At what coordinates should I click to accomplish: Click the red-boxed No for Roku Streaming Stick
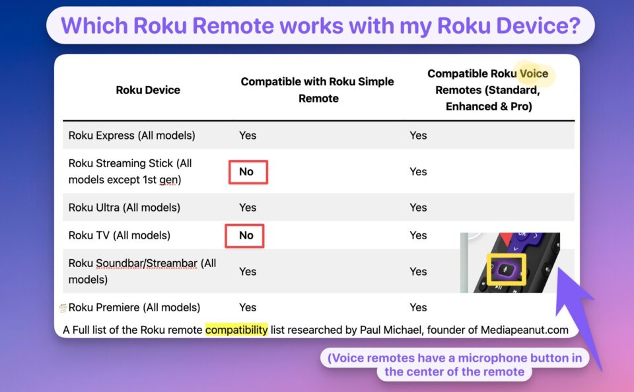(246, 171)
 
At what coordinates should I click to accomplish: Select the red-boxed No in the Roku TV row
(246, 235)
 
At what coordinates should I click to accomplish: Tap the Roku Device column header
(148, 90)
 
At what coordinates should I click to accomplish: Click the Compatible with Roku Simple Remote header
(318, 90)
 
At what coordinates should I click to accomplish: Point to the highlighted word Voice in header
(534, 73)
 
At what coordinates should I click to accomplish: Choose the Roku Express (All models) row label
(132, 136)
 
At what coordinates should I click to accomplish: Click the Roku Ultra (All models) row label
(125, 208)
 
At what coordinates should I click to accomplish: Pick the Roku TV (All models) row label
(120, 235)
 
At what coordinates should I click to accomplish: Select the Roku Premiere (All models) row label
(134, 307)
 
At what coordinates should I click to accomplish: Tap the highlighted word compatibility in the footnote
(236, 330)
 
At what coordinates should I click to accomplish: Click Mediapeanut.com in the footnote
(524, 330)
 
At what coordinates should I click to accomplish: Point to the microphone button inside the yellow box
(505, 268)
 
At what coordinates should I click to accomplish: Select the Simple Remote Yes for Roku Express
(248, 136)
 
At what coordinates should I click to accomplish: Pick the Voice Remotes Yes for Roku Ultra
(418, 208)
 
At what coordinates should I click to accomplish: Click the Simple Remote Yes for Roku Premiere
(248, 307)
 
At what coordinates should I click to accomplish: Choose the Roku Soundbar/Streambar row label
(143, 272)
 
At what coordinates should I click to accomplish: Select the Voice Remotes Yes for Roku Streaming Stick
(418, 171)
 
